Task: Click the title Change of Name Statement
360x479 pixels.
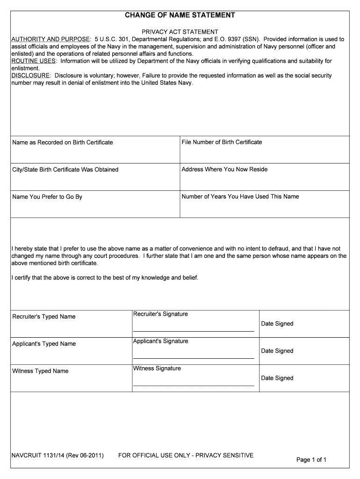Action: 180,15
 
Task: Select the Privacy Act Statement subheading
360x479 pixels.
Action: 180,32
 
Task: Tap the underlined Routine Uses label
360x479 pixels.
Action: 34,61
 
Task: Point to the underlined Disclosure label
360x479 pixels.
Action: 30,76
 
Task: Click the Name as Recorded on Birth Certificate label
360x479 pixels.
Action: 62,142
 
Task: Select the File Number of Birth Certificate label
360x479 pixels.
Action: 222,142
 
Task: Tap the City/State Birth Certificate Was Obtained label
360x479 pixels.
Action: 65,169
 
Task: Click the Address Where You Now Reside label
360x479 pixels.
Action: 224,169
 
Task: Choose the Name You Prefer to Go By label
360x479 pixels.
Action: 47,197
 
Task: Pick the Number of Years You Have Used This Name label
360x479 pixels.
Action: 240,196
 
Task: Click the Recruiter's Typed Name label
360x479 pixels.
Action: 43,317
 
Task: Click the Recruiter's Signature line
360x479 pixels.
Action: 194,331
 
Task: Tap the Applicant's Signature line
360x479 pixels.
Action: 194,358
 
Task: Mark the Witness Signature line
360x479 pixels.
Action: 194,385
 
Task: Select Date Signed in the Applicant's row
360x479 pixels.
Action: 277,351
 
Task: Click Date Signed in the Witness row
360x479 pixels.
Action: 277,378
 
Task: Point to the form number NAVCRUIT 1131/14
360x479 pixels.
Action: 58,455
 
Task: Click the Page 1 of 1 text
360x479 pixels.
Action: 311,460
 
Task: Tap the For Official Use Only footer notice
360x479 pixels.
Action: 186,455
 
